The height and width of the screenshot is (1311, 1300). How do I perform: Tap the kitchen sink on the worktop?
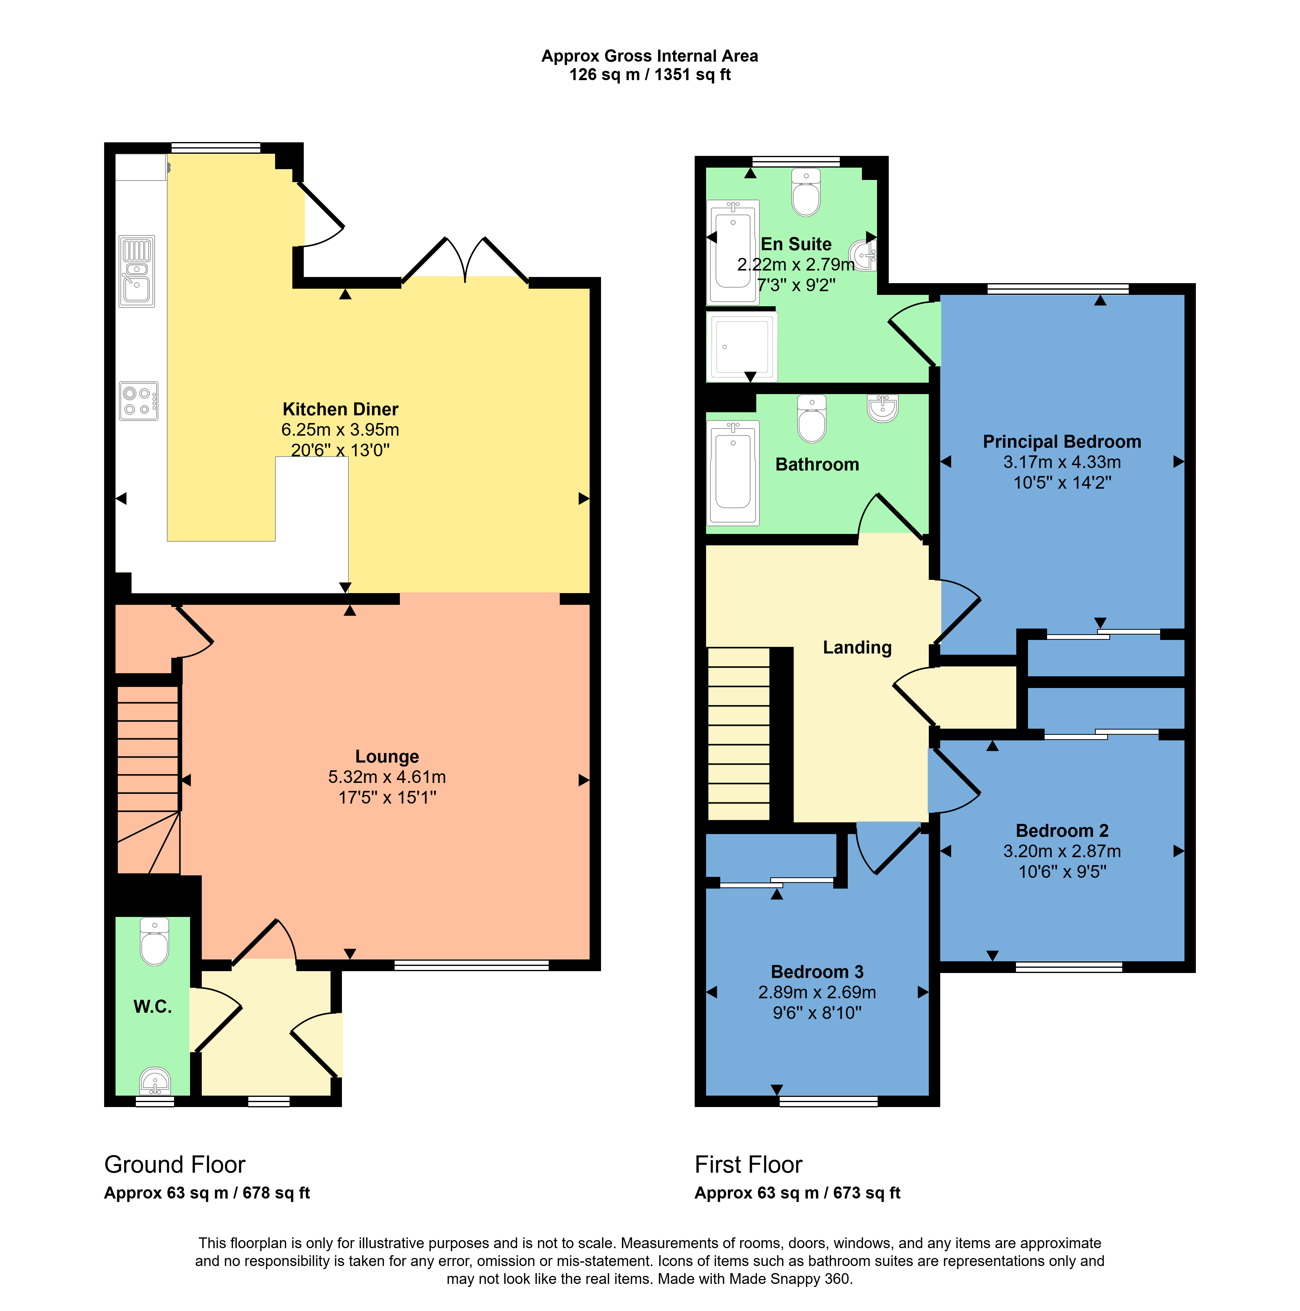coord(136,271)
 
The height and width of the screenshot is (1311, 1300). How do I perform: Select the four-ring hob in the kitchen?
coord(138,401)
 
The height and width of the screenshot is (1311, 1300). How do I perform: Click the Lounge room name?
coord(387,757)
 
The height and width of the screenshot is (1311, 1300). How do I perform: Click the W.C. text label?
coord(153,1006)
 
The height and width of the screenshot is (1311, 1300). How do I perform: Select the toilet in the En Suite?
coord(806,193)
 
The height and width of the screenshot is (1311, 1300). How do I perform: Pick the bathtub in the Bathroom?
coord(733,473)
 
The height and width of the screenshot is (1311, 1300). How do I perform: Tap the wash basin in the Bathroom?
coord(882,409)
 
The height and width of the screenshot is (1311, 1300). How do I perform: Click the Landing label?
coord(857,647)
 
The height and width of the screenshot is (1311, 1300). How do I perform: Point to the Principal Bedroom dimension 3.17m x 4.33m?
coord(1062,462)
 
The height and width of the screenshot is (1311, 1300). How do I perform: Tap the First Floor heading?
coord(748,1164)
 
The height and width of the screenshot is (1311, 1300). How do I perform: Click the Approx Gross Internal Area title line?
coord(649,56)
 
